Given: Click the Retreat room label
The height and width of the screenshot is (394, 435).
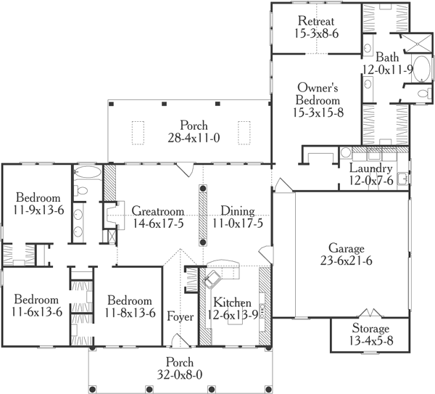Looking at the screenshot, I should point(316,21).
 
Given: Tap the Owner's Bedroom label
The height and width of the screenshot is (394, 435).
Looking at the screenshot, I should point(318,94).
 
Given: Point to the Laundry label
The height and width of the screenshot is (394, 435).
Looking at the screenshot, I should point(370,169).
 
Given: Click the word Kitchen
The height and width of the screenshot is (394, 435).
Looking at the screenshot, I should point(232,303).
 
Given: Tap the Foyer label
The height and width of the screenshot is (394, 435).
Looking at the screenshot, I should point(179,316).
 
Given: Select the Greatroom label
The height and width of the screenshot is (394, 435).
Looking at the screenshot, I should point(157,211).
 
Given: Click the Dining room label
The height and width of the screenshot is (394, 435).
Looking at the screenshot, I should point(237,211).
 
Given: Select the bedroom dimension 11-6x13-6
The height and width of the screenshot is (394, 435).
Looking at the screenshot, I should point(36,312).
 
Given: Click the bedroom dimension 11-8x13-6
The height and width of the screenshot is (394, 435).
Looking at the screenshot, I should point(130,313).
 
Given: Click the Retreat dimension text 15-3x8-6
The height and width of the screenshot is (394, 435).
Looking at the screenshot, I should point(316,33).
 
